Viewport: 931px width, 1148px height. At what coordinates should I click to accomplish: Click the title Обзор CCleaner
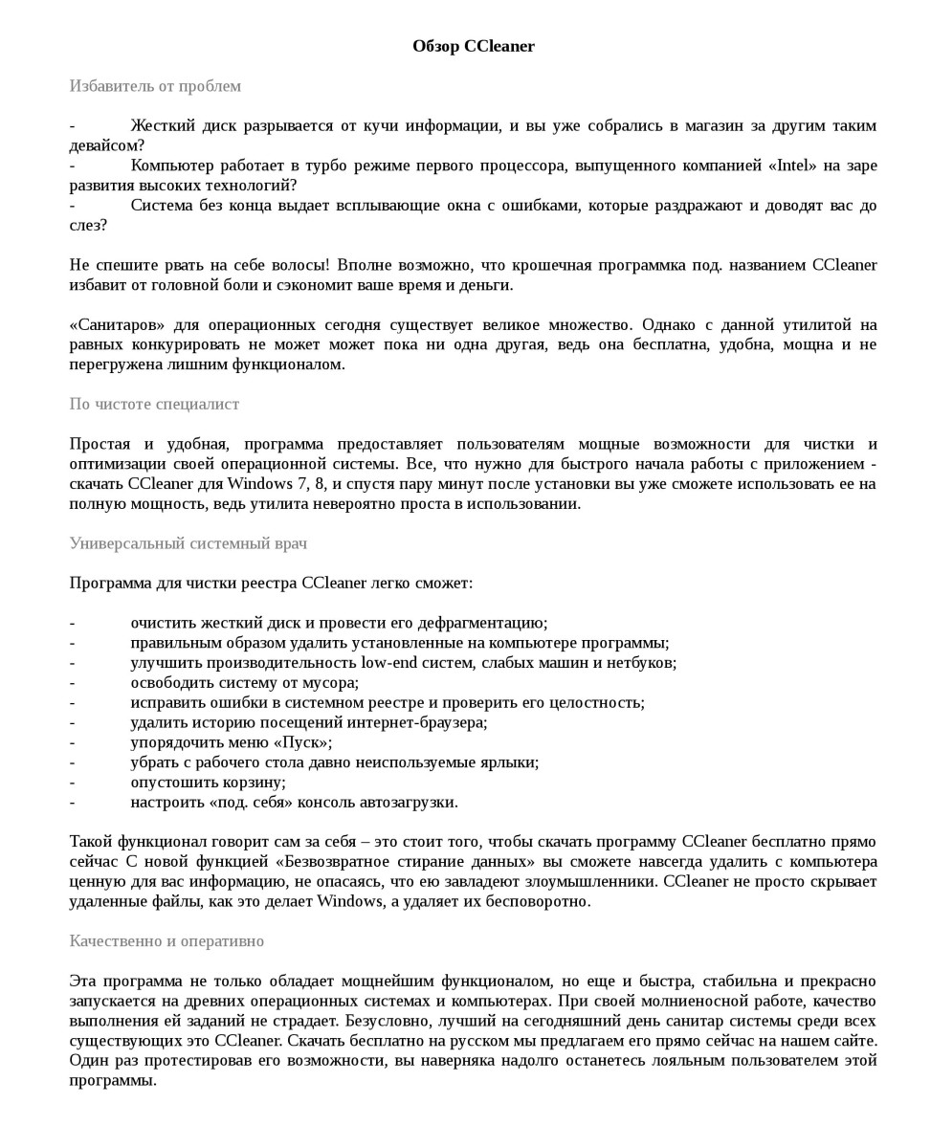(474, 46)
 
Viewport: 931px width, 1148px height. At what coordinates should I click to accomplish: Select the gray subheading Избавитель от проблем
(155, 86)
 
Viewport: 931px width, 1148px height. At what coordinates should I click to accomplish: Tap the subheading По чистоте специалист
(154, 404)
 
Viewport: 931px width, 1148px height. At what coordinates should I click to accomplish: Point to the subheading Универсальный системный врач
(188, 543)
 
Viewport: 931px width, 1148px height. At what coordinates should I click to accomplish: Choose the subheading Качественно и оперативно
(166, 941)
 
